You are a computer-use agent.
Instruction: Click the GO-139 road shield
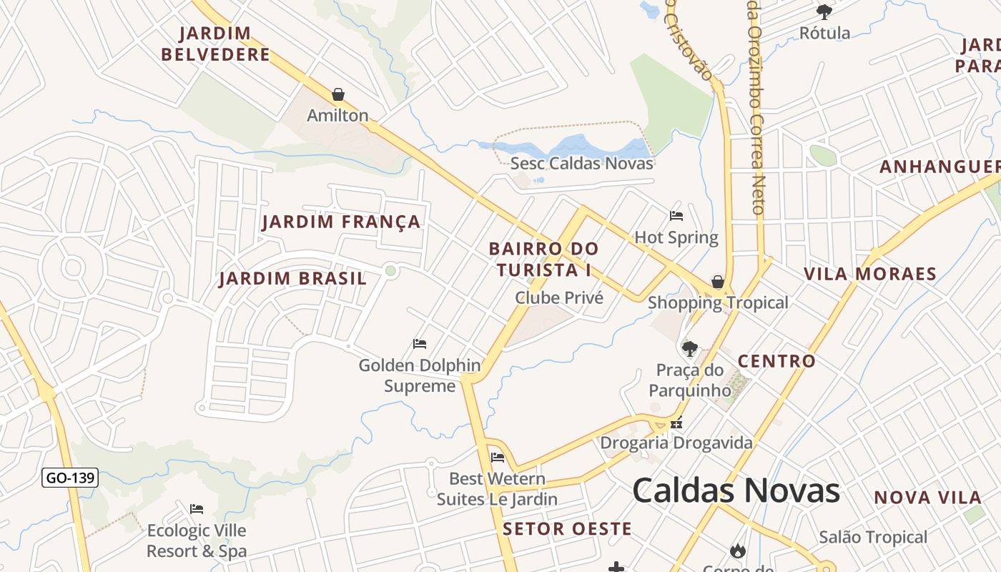point(70,478)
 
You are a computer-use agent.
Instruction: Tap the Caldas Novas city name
point(736,491)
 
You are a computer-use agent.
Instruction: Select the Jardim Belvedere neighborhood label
point(215,44)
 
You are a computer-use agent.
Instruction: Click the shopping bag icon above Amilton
point(338,94)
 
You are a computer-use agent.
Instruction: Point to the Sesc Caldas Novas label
point(581,163)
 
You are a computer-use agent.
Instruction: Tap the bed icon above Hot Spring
point(676,215)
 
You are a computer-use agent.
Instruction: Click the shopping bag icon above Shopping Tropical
point(717,282)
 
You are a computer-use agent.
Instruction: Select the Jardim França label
point(341,222)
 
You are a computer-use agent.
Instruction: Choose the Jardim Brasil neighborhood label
point(292,278)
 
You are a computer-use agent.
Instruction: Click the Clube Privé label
point(559,297)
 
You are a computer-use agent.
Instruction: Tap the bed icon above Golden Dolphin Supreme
point(420,344)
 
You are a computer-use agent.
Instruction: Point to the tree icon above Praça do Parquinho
point(690,349)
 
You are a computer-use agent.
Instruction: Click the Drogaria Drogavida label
point(676,443)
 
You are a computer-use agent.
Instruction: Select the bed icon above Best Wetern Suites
point(498,458)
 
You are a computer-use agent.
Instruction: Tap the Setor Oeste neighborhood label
point(567,529)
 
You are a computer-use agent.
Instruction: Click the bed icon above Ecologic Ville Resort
point(197,509)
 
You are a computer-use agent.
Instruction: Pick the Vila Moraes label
point(869,274)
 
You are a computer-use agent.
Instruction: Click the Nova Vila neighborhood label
point(927,498)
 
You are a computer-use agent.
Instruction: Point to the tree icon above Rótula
point(824,11)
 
